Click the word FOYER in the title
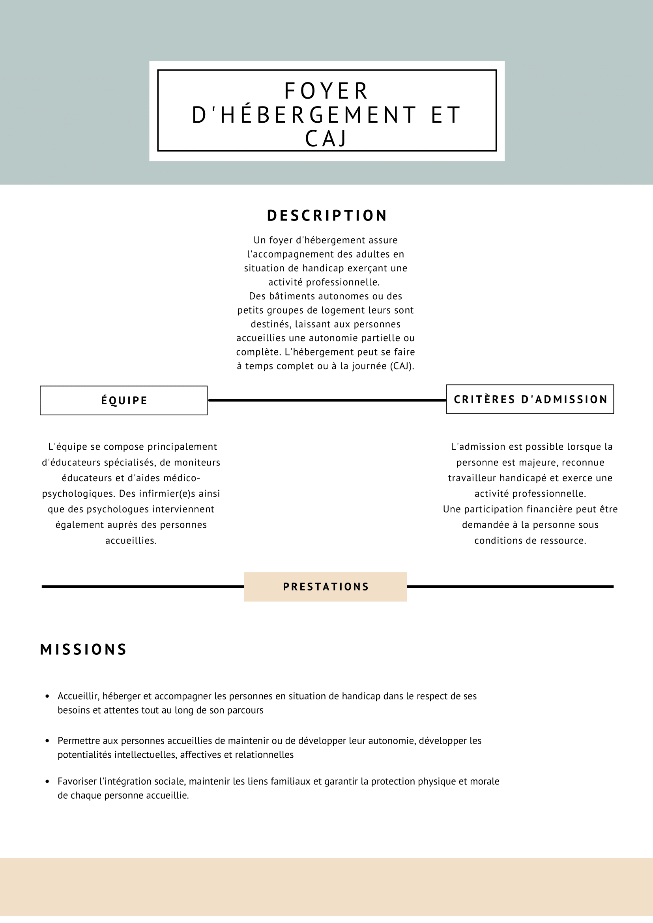point(326,91)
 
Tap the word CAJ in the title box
point(326,139)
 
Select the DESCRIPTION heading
point(327,216)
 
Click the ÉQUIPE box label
point(124,401)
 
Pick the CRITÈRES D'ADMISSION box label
point(530,400)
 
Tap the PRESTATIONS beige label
point(325,587)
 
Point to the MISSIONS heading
point(84,650)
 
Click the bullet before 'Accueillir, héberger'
point(47,696)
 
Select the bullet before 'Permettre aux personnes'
point(47,741)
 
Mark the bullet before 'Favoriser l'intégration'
point(47,781)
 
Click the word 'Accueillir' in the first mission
point(78,696)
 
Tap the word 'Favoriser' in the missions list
point(77,781)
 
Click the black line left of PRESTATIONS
point(143,587)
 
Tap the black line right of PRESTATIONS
point(510,587)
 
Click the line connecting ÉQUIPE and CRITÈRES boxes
point(327,400)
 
